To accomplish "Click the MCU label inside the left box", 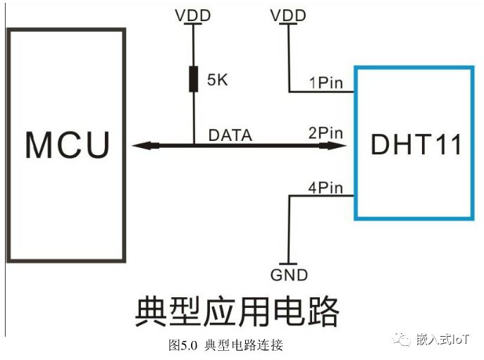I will click(x=68, y=144).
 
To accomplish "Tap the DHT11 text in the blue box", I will click(x=416, y=144).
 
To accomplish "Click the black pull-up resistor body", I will click(x=192, y=79).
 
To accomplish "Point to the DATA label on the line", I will click(x=230, y=134).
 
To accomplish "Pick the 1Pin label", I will click(x=325, y=83).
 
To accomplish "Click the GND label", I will click(x=289, y=275).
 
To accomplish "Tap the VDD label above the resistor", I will click(x=192, y=14).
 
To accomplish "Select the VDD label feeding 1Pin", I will click(x=289, y=14).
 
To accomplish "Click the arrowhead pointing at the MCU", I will click(x=141, y=145).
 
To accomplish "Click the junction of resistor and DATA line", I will click(x=192, y=145).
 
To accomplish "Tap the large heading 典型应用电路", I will click(x=236, y=311).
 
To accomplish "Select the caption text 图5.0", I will click(x=185, y=346).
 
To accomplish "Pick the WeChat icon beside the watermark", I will click(x=404, y=340).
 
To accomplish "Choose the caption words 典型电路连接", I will click(x=243, y=346).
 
